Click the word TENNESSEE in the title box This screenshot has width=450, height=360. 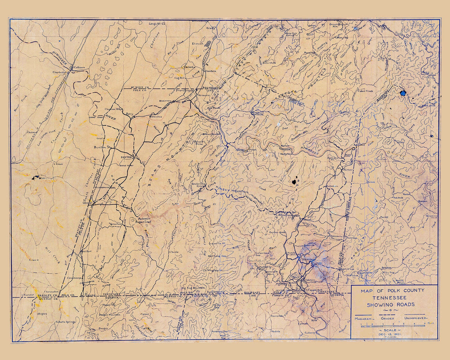395,298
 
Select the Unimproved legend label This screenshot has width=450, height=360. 416,318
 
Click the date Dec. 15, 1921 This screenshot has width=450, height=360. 394,334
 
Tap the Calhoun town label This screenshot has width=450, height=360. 79,67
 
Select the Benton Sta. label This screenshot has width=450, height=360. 104,147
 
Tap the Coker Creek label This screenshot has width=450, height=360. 365,90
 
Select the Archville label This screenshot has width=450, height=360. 198,183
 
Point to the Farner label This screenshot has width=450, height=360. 348,169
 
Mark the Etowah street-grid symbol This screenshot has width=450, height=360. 209,43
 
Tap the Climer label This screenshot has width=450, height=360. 59,164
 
